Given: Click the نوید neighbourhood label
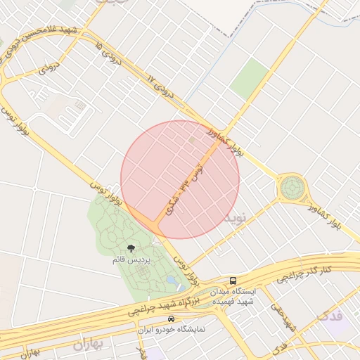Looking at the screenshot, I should pos(236,218).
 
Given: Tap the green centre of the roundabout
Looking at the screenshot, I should pos(292,188).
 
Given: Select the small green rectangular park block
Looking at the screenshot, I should pos(250,79).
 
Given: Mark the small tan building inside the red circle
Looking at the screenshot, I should pos(193,141).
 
